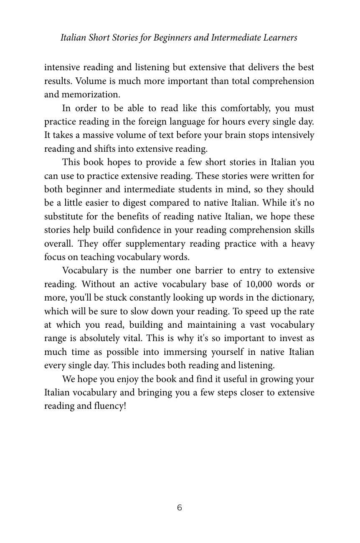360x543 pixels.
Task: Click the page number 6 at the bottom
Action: click(x=180, y=508)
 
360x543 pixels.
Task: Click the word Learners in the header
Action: click(x=280, y=38)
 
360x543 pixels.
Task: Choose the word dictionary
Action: click(x=292, y=298)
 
